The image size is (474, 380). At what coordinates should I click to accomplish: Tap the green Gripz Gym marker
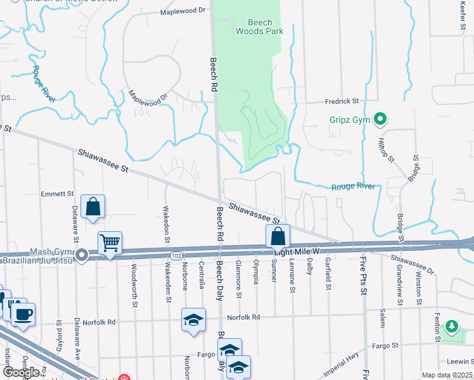click(x=380, y=118)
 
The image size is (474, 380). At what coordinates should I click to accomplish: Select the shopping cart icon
click(x=110, y=243)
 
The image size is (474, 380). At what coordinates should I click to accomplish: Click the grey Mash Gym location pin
click(x=82, y=255)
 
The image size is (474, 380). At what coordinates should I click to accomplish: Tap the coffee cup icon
click(x=23, y=314)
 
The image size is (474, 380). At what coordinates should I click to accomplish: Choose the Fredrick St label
click(x=342, y=101)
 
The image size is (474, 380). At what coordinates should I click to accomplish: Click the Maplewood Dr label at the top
click(x=184, y=11)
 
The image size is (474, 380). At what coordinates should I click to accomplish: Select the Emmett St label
click(x=58, y=194)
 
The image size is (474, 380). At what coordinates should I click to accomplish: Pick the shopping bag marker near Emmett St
click(x=93, y=206)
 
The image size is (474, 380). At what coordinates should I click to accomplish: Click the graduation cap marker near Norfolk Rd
click(x=194, y=320)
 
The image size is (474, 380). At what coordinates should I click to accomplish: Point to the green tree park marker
click(x=451, y=327)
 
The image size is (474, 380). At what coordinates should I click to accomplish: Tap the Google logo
click(x=21, y=372)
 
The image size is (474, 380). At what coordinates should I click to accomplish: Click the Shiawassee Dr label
click(x=413, y=265)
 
